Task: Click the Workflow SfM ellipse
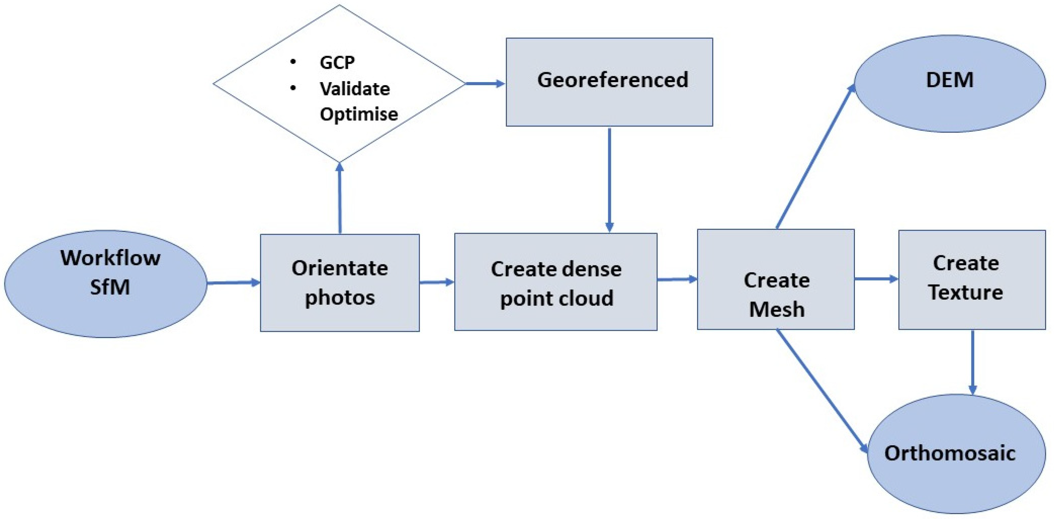(x=106, y=284)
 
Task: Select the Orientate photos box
(x=340, y=283)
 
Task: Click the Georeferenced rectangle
(x=609, y=81)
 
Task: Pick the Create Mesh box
(x=776, y=280)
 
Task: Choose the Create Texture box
(x=972, y=280)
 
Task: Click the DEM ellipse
(x=950, y=83)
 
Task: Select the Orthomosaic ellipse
(x=956, y=454)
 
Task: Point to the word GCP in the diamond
(x=337, y=63)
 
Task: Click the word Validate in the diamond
(x=355, y=89)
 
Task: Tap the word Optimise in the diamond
(x=358, y=114)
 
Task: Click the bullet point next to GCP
(x=293, y=62)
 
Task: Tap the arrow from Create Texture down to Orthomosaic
(x=973, y=362)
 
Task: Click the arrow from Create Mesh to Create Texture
(x=876, y=279)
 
